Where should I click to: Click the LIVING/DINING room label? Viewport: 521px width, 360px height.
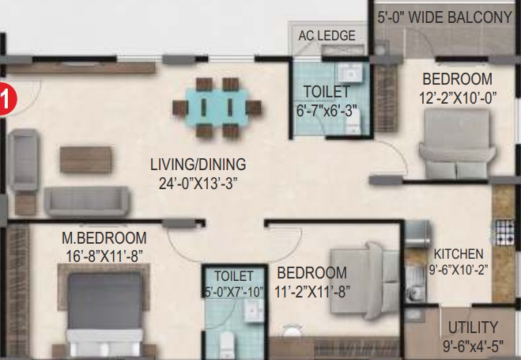(x=198, y=165)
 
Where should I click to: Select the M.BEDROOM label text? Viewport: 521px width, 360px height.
(x=104, y=238)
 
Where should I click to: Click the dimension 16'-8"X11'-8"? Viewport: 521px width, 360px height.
(x=104, y=256)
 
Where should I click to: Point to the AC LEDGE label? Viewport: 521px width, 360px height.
(x=327, y=36)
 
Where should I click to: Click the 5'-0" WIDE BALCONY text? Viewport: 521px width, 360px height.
(x=444, y=17)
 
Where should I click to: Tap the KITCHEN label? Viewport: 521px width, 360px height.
(x=459, y=254)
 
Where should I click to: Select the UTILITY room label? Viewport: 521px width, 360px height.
(x=473, y=328)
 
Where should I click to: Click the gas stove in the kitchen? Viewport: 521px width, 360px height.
(x=504, y=232)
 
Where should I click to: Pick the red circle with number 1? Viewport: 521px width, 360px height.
(x=6, y=99)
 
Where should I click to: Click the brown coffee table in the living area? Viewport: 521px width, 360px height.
(x=85, y=160)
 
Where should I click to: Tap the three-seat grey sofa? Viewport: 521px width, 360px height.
(x=87, y=202)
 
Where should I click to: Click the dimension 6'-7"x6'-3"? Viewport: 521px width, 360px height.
(x=327, y=111)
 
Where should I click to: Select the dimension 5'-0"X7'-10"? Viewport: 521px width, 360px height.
(x=234, y=291)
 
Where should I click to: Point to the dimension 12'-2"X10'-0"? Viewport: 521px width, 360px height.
(x=458, y=98)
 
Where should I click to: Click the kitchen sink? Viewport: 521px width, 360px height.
(x=415, y=281)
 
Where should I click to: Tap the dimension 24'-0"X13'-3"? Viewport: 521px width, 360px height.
(x=198, y=183)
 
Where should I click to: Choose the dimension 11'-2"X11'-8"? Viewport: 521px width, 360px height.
(x=312, y=291)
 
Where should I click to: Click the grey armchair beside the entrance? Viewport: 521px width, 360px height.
(x=24, y=160)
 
